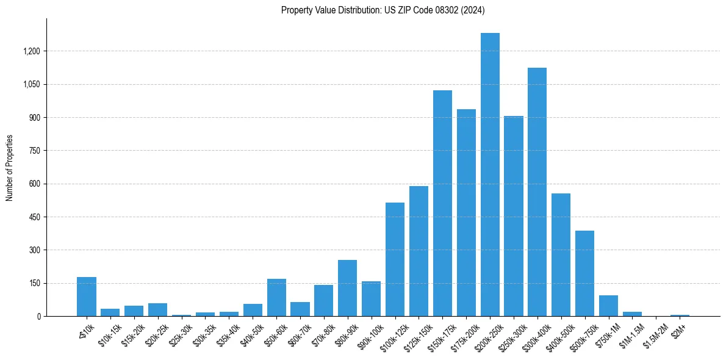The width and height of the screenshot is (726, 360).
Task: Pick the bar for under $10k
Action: click(x=87, y=297)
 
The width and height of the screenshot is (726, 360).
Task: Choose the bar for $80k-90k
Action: click(x=347, y=288)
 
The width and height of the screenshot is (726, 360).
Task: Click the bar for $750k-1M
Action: click(x=608, y=306)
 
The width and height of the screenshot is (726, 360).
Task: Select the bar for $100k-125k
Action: click(x=395, y=259)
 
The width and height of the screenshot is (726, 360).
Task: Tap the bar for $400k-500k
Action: click(x=561, y=254)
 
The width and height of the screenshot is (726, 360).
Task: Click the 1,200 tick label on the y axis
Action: click(x=31, y=51)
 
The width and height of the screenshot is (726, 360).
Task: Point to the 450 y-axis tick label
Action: click(x=35, y=217)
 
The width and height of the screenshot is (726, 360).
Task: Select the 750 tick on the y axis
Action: click(x=35, y=151)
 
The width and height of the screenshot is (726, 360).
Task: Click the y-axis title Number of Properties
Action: click(x=9, y=168)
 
